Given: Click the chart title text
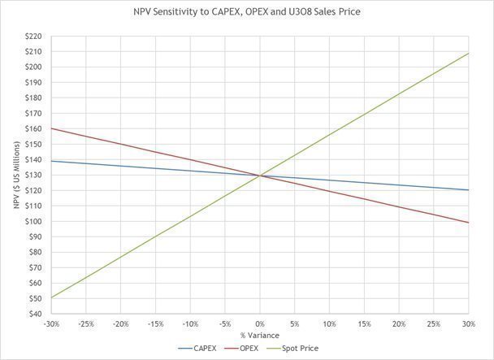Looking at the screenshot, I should (247, 13).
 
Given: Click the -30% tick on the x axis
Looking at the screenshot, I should (50, 323).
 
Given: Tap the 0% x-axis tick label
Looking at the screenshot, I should (260, 323).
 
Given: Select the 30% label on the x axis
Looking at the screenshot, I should (469, 323).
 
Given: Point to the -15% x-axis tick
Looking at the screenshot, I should (155, 323).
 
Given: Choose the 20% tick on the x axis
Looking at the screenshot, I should (399, 323).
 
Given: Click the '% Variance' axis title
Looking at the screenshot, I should (260, 335).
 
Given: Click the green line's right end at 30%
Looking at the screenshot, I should (469, 54).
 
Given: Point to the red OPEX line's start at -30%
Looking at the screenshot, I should (51, 128).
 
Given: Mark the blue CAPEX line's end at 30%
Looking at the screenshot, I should (469, 190).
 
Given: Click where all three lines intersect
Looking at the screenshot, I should (260, 175).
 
